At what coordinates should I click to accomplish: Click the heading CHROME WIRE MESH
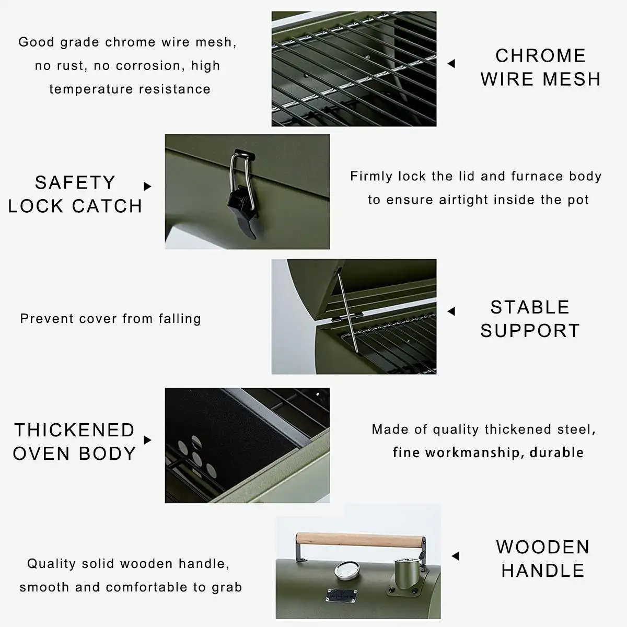540,67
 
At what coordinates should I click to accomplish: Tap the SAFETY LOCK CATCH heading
75,194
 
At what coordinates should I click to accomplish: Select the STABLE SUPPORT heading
530,319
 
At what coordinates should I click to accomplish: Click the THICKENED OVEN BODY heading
74,442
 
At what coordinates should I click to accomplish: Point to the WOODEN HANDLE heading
543,559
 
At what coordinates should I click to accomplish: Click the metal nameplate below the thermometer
342,595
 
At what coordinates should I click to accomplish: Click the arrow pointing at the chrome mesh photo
451,64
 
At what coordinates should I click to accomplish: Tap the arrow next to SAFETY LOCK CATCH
147,186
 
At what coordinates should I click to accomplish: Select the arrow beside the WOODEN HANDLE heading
455,556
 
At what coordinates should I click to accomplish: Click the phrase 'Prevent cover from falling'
110,319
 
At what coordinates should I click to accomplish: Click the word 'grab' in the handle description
227,587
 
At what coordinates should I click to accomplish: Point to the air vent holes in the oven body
196,456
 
